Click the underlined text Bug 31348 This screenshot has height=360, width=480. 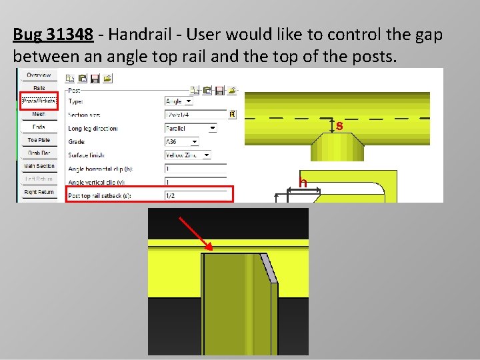(53, 35)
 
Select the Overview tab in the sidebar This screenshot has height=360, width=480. (39, 75)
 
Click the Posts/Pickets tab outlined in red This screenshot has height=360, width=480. (39, 101)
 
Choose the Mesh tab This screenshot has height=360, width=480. (39, 114)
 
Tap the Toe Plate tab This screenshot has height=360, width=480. (39, 140)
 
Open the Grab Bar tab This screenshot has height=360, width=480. (39, 153)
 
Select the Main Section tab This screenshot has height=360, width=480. (39, 166)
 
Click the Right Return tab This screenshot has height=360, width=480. (39, 192)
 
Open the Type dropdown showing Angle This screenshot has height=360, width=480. (179, 101)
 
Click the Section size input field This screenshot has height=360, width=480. (195, 115)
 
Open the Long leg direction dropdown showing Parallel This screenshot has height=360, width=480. (191, 128)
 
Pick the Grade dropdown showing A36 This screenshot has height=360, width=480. (181, 141)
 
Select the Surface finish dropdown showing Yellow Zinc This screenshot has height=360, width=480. (187, 155)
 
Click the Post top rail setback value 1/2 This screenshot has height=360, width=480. (198, 195)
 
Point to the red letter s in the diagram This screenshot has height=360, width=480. (339, 125)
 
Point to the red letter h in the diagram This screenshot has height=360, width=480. (303, 183)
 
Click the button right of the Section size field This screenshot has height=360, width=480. (232, 115)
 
